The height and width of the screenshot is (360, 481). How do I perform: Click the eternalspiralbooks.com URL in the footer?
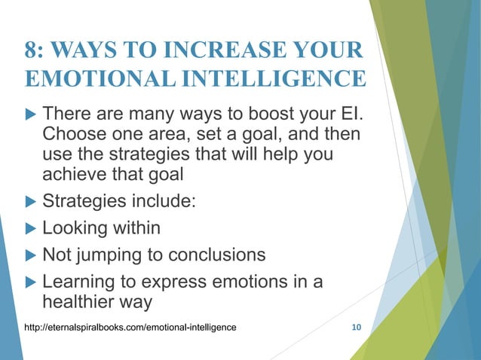[x=130, y=327]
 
